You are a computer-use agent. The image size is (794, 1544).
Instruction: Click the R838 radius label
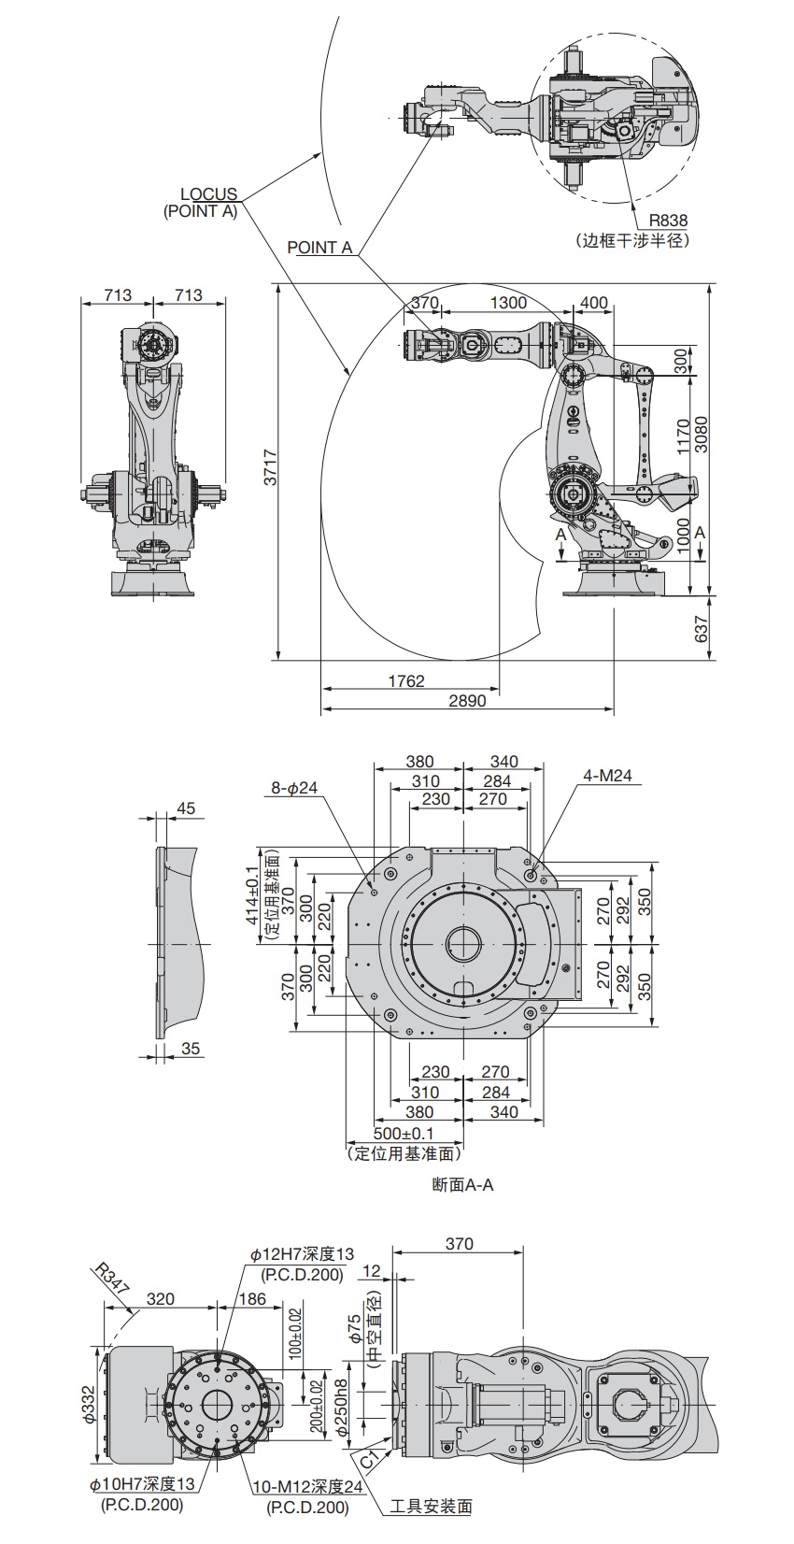(x=668, y=221)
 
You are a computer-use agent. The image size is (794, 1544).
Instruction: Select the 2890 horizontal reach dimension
(x=467, y=700)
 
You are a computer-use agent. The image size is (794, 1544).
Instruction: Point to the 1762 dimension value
(x=406, y=680)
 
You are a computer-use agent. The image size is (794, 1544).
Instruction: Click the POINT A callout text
(x=319, y=248)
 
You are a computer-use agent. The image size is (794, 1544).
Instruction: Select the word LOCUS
(x=209, y=194)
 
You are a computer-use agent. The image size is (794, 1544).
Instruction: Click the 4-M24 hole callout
(x=608, y=775)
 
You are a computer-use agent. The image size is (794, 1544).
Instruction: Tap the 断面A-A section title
(x=462, y=1185)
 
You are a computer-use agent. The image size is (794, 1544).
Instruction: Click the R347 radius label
(x=111, y=1280)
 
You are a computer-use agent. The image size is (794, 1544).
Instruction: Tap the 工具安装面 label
(x=431, y=1506)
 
